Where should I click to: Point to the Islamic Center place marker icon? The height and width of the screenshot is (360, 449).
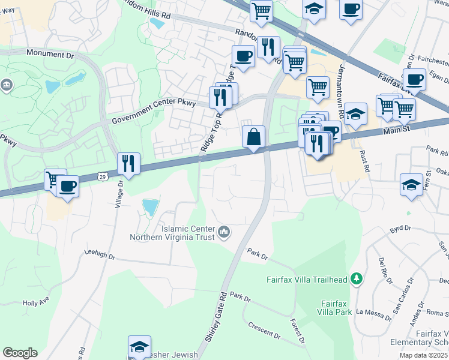(223, 232)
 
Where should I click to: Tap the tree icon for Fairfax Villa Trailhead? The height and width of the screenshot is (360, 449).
(357, 279)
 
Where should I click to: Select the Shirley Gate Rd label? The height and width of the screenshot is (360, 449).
(215, 317)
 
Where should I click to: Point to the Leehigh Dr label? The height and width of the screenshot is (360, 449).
(99, 254)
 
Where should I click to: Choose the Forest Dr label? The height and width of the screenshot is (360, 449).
(298, 331)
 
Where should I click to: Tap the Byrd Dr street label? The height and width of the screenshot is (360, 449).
(400, 229)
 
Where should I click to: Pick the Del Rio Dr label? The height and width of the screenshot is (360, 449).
(384, 270)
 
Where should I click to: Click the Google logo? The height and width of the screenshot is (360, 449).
(20, 353)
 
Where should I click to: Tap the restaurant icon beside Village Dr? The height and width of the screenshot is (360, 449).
(128, 163)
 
